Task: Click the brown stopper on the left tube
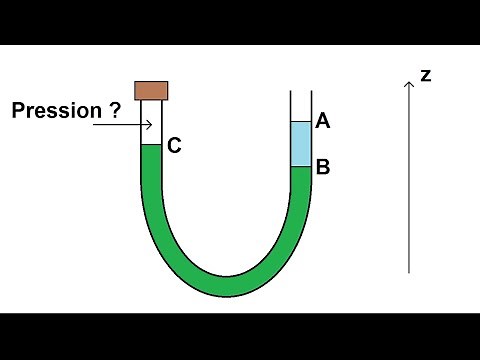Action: point(151,91)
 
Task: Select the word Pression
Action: point(57,111)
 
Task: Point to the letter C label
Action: point(174,146)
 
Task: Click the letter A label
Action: point(322,121)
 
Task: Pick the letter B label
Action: point(322,167)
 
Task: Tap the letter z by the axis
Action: point(426,75)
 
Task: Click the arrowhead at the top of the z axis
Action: point(409,84)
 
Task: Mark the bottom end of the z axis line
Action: point(409,272)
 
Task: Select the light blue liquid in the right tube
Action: point(301,144)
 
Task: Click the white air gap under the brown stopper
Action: point(151,122)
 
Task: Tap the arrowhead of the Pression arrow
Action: point(149,125)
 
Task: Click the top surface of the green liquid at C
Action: point(151,146)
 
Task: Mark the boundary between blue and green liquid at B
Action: point(301,167)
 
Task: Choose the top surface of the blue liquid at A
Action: point(301,122)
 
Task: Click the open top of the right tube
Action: point(301,93)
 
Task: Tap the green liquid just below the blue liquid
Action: point(301,180)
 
